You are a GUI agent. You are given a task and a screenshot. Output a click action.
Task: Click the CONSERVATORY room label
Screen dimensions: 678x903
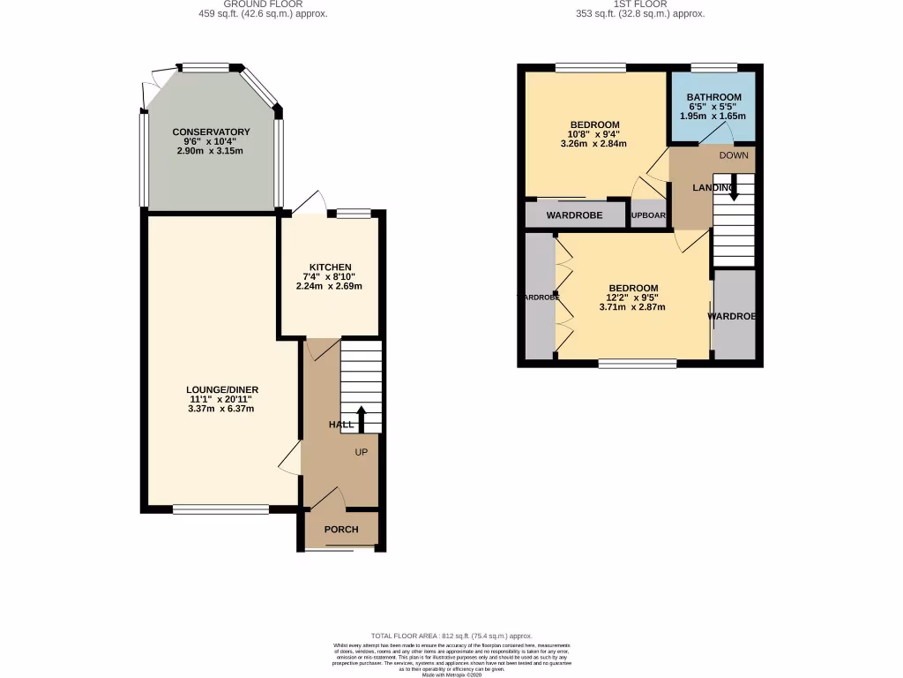tap(211, 132)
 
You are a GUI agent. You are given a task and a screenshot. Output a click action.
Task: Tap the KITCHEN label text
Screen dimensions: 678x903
tap(330, 267)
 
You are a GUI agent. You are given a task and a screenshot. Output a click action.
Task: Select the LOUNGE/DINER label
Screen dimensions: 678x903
tap(221, 390)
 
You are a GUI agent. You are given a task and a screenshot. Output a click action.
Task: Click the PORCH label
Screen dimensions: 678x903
tap(341, 530)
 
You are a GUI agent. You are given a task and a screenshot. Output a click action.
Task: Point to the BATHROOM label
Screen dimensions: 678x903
tap(713, 97)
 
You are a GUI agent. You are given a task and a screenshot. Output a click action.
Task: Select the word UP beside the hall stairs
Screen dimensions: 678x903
tap(361, 452)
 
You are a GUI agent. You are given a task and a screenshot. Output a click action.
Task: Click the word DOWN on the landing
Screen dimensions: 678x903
tap(733, 155)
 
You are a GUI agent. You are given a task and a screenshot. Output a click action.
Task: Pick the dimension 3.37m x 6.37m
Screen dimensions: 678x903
tap(221, 409)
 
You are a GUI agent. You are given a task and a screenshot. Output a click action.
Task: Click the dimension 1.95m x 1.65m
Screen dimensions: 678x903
tap(713, 116)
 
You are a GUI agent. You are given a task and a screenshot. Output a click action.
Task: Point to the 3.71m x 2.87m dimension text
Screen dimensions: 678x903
tap(632, 307)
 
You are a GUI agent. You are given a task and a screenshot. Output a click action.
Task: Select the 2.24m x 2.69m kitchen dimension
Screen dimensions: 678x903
tap(329, 286)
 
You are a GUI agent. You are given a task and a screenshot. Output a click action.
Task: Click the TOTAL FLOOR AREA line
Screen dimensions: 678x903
tap(451, 636)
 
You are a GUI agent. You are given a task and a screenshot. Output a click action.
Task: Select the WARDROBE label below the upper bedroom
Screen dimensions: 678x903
tap(574, 215)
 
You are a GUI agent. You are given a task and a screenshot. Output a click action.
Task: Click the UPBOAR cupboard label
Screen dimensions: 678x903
tap(648, 215)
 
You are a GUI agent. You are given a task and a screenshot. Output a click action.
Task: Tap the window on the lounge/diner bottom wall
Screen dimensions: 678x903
tap(220, 508)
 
